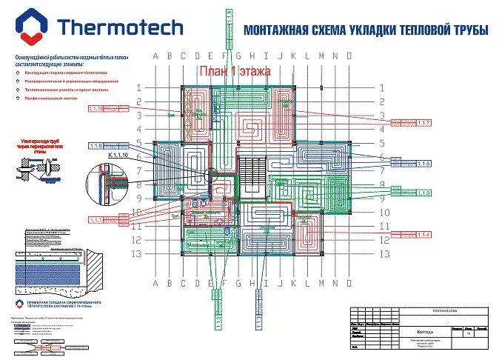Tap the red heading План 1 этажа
point(234,71)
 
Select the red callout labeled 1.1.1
point(97,220)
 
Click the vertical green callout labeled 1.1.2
point(218,319)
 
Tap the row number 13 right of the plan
point(382,254)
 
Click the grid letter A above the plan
point(155,56)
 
